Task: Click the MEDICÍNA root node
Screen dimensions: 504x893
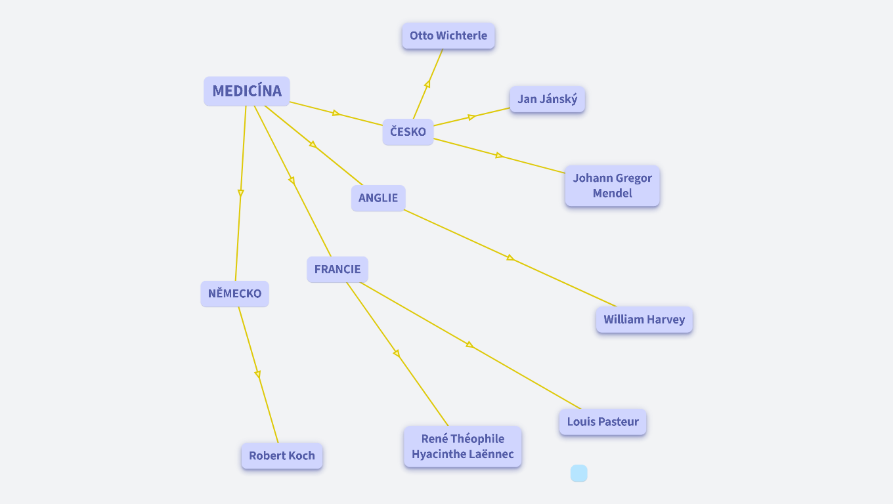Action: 247,91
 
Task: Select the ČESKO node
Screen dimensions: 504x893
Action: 408,132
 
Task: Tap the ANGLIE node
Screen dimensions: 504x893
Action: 378,198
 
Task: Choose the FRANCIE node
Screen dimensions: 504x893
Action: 338,270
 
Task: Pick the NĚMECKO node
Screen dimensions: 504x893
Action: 234,293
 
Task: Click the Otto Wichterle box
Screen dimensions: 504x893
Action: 448,36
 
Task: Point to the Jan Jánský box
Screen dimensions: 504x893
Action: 547,100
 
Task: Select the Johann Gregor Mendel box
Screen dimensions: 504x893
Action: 612,186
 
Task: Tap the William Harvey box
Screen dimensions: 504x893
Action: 644,320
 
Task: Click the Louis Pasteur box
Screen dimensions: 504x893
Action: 603,422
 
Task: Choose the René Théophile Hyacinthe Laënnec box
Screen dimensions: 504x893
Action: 462,447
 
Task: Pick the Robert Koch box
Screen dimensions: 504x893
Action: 282,456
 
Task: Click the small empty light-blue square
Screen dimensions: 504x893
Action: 578,473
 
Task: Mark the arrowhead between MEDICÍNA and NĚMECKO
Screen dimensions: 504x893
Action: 241,193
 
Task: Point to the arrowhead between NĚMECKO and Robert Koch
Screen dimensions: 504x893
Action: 257,374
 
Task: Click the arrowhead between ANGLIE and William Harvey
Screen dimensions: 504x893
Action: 510,257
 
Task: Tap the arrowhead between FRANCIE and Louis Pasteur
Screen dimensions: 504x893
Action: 469,345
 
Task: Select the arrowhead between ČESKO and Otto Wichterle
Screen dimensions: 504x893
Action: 427,84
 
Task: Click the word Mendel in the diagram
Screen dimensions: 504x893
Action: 612,194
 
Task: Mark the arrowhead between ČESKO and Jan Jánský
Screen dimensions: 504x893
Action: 471,117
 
